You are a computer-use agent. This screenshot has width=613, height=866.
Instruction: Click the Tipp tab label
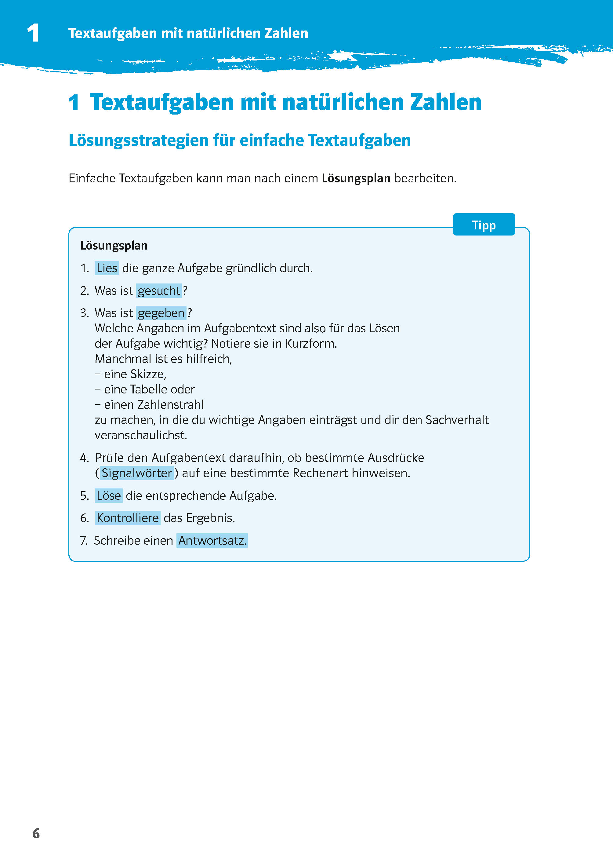pos(484,225)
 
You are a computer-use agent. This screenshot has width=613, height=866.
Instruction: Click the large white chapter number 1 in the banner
pos(33,33)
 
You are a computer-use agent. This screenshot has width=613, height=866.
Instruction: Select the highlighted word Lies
pos(107,268)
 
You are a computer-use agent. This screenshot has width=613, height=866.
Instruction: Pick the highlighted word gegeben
pos(161,313)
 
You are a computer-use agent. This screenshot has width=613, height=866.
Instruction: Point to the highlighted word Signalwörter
pos(137,473)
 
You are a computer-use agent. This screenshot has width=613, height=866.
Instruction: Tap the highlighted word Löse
pos(109,495)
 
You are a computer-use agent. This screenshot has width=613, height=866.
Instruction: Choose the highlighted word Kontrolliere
pos(128,518)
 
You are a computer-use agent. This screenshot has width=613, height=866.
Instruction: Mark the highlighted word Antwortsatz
pos(212,540)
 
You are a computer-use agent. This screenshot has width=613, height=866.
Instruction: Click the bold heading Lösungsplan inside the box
pos(114,246)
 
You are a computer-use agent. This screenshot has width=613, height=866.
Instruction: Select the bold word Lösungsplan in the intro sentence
pos(356,178)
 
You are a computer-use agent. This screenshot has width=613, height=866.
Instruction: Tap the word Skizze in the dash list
pos(147,374)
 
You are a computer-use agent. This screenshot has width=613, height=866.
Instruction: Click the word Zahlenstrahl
pos(170,404)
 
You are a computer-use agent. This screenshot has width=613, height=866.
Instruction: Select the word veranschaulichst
pos(140,436)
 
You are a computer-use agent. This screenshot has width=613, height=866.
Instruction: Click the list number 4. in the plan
pos(84,458)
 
